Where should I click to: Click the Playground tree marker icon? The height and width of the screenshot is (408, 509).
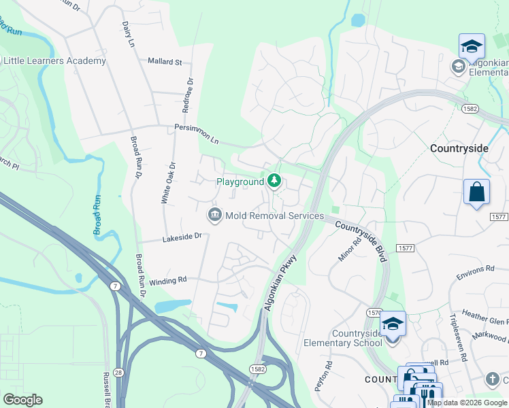(274, 181)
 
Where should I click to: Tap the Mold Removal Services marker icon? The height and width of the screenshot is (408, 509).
(215, 216)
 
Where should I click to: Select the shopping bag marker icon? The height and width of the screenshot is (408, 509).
(476, 192)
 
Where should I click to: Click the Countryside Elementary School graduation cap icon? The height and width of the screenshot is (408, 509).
(393, 324)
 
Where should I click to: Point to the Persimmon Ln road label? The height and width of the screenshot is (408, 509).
(197, 133)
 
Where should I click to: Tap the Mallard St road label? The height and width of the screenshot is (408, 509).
(165, 61)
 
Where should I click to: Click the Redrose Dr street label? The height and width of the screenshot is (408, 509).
(190, 86)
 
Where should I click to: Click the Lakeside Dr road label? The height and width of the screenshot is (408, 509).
(182, 237)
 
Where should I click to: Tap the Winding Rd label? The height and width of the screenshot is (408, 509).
(167, 280)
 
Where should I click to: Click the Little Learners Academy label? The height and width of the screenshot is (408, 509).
(55, 61)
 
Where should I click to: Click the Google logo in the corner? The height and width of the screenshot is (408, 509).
(22, 400)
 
